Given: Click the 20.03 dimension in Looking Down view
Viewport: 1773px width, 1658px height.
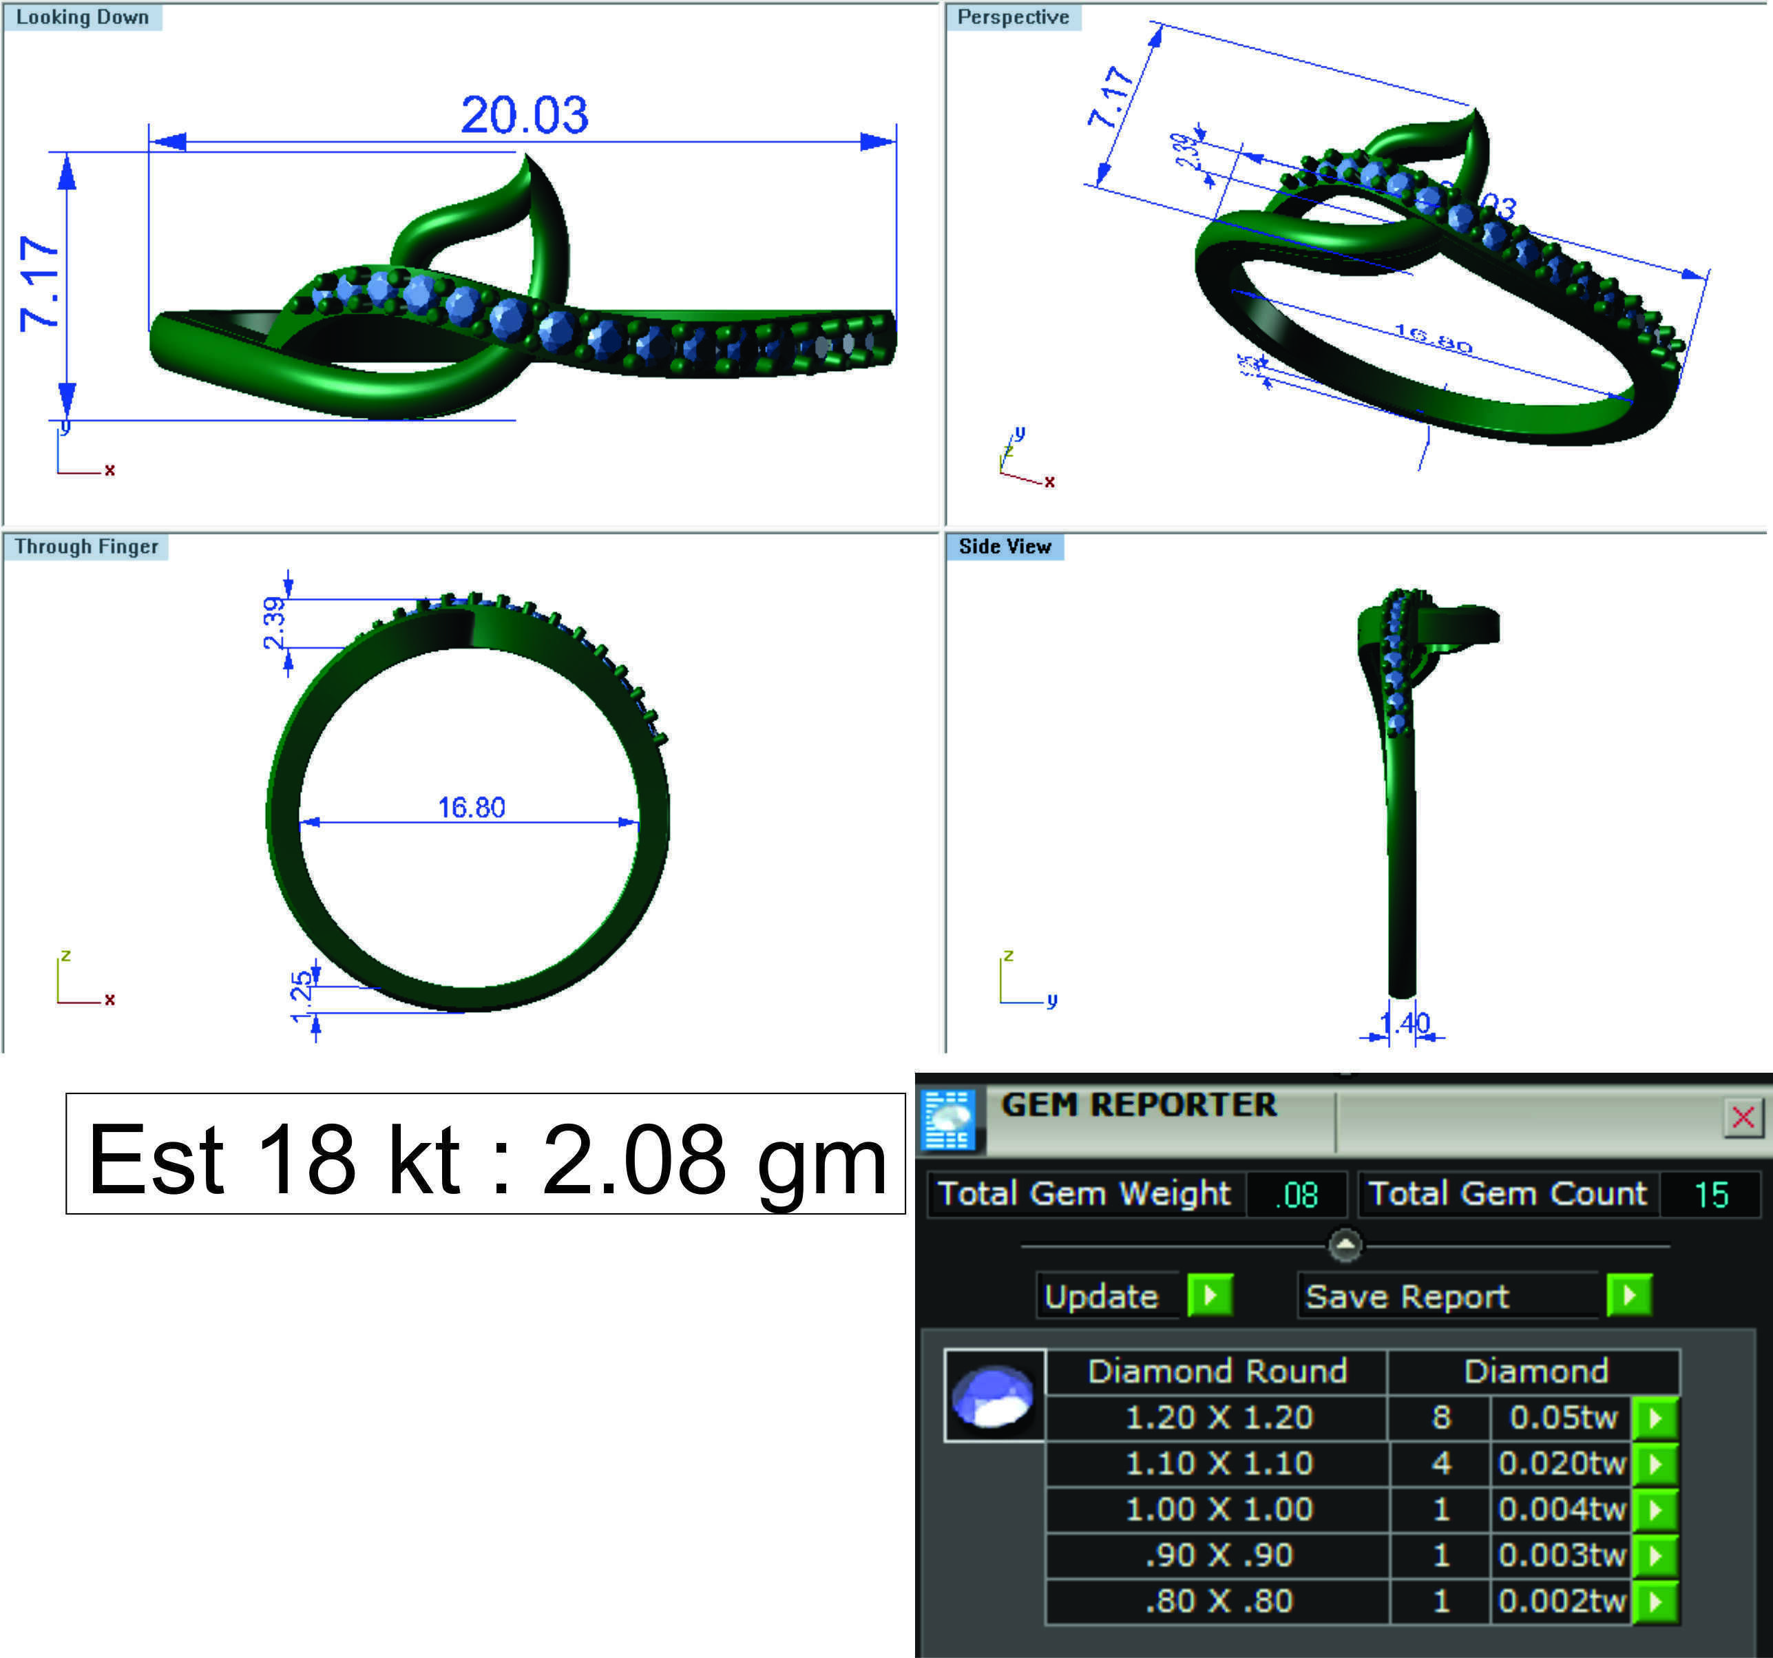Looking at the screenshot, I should [525, 115].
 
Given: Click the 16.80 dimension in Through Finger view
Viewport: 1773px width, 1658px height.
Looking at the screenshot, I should [471, 807].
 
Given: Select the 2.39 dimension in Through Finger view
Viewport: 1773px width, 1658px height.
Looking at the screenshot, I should [275, 622].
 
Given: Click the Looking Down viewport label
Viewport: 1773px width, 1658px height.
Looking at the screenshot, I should [82, 17].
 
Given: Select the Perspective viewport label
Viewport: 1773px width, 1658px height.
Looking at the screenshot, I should [1012, 17].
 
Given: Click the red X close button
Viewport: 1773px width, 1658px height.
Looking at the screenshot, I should [1743, 1117].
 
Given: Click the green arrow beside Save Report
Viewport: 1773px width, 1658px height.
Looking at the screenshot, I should [1628, 1295].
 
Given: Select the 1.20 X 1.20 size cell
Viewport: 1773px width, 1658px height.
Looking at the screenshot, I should [1218, 1417].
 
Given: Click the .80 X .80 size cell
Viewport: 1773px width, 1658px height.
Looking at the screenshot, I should [1218, 1601].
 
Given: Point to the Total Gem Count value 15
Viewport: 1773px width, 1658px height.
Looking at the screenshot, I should [1710, 1194].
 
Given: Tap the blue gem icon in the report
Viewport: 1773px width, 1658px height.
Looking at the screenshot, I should [994, 1396].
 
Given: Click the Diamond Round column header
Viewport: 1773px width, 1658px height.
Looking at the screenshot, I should [1217, 1371].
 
